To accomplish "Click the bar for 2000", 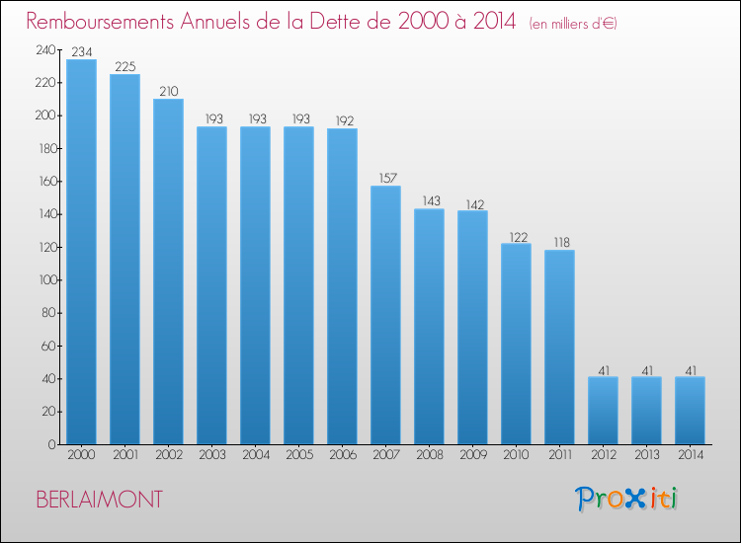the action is pyautogui.click(x=81, y=252).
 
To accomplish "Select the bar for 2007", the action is pyautogui.click(x=385, y=315).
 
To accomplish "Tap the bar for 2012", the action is pyautogui.click(x=603, y=411).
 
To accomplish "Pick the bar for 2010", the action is pyautogui.click(x=516, y=344).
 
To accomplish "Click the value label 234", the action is pyautogui.click(x=82, y=51).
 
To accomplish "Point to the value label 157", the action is pyautogui.click(x=388, y=178).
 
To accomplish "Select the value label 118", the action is pyautogui.click(x=562, y=242).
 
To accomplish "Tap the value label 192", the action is pyautogui.click(x=345, y=120).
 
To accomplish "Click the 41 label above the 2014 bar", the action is pyautogui.click(x=691, y=370).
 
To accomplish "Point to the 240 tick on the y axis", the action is pyautogui.click(x=45, y=50).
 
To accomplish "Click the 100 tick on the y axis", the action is pyautogui.click(x=47, y=280).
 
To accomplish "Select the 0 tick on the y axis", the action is pyautogui.click(x=52, y=444).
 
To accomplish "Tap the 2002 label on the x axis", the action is pyautogui.click(x=169, y=455).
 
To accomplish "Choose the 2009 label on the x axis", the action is pyautogui.click(x=473, y=455).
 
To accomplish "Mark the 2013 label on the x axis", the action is pyautogui.click(x=647, y=455).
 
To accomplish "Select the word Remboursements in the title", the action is pyautogui.click(x=100, y=22).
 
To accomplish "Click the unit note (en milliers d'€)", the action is pyautogui.click(x=573, y=24).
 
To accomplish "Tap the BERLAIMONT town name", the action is pyautogui.click(x=99, y=500).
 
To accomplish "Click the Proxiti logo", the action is pyautogui.click(x=626, y=499).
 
